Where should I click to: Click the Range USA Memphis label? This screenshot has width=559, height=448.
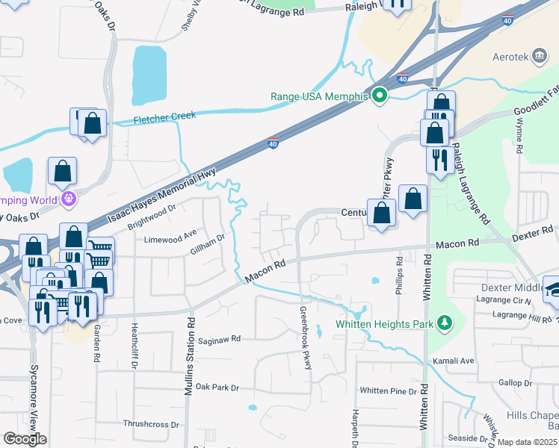pos(320,96)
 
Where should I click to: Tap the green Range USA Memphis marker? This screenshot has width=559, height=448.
pos(380,96)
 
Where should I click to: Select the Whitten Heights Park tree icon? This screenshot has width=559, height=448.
pos(445,323)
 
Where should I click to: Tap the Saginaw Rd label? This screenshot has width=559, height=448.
pos(220,339)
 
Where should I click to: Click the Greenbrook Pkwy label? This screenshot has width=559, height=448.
pos(305,337)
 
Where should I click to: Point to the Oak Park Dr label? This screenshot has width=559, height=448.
pos(217,388)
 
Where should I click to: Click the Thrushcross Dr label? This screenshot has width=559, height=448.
pos(152,424)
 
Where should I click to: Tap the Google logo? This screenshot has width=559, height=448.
pos(25,439)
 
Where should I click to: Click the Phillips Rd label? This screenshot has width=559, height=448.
pos(400,273)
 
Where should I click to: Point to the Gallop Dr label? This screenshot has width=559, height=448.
pos(516,383)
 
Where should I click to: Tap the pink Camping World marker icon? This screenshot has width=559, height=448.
pos(70,199)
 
